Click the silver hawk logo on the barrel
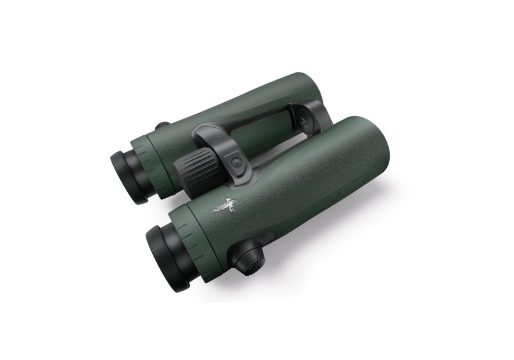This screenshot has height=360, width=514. point(225,204)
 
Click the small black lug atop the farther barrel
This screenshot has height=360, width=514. point(163,125)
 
